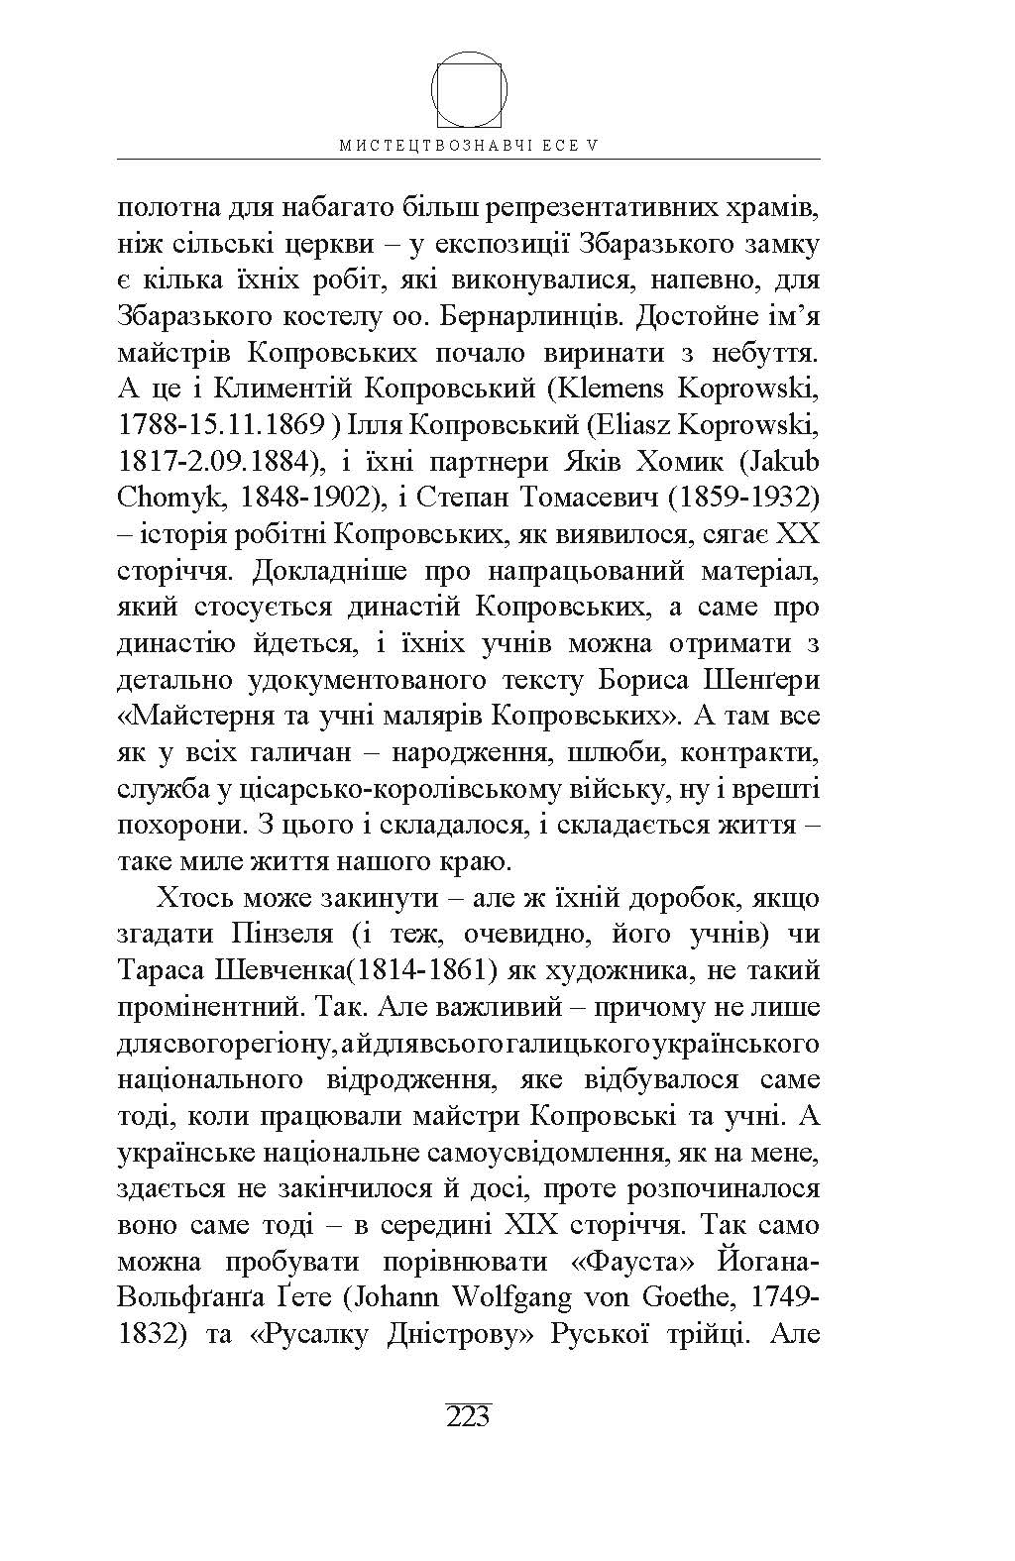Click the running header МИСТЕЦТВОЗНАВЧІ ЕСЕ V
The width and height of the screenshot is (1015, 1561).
[x=469, y=145]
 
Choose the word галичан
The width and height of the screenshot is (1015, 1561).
[x=301, y=753]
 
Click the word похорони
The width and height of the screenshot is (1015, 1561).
[x=178, y=826]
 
